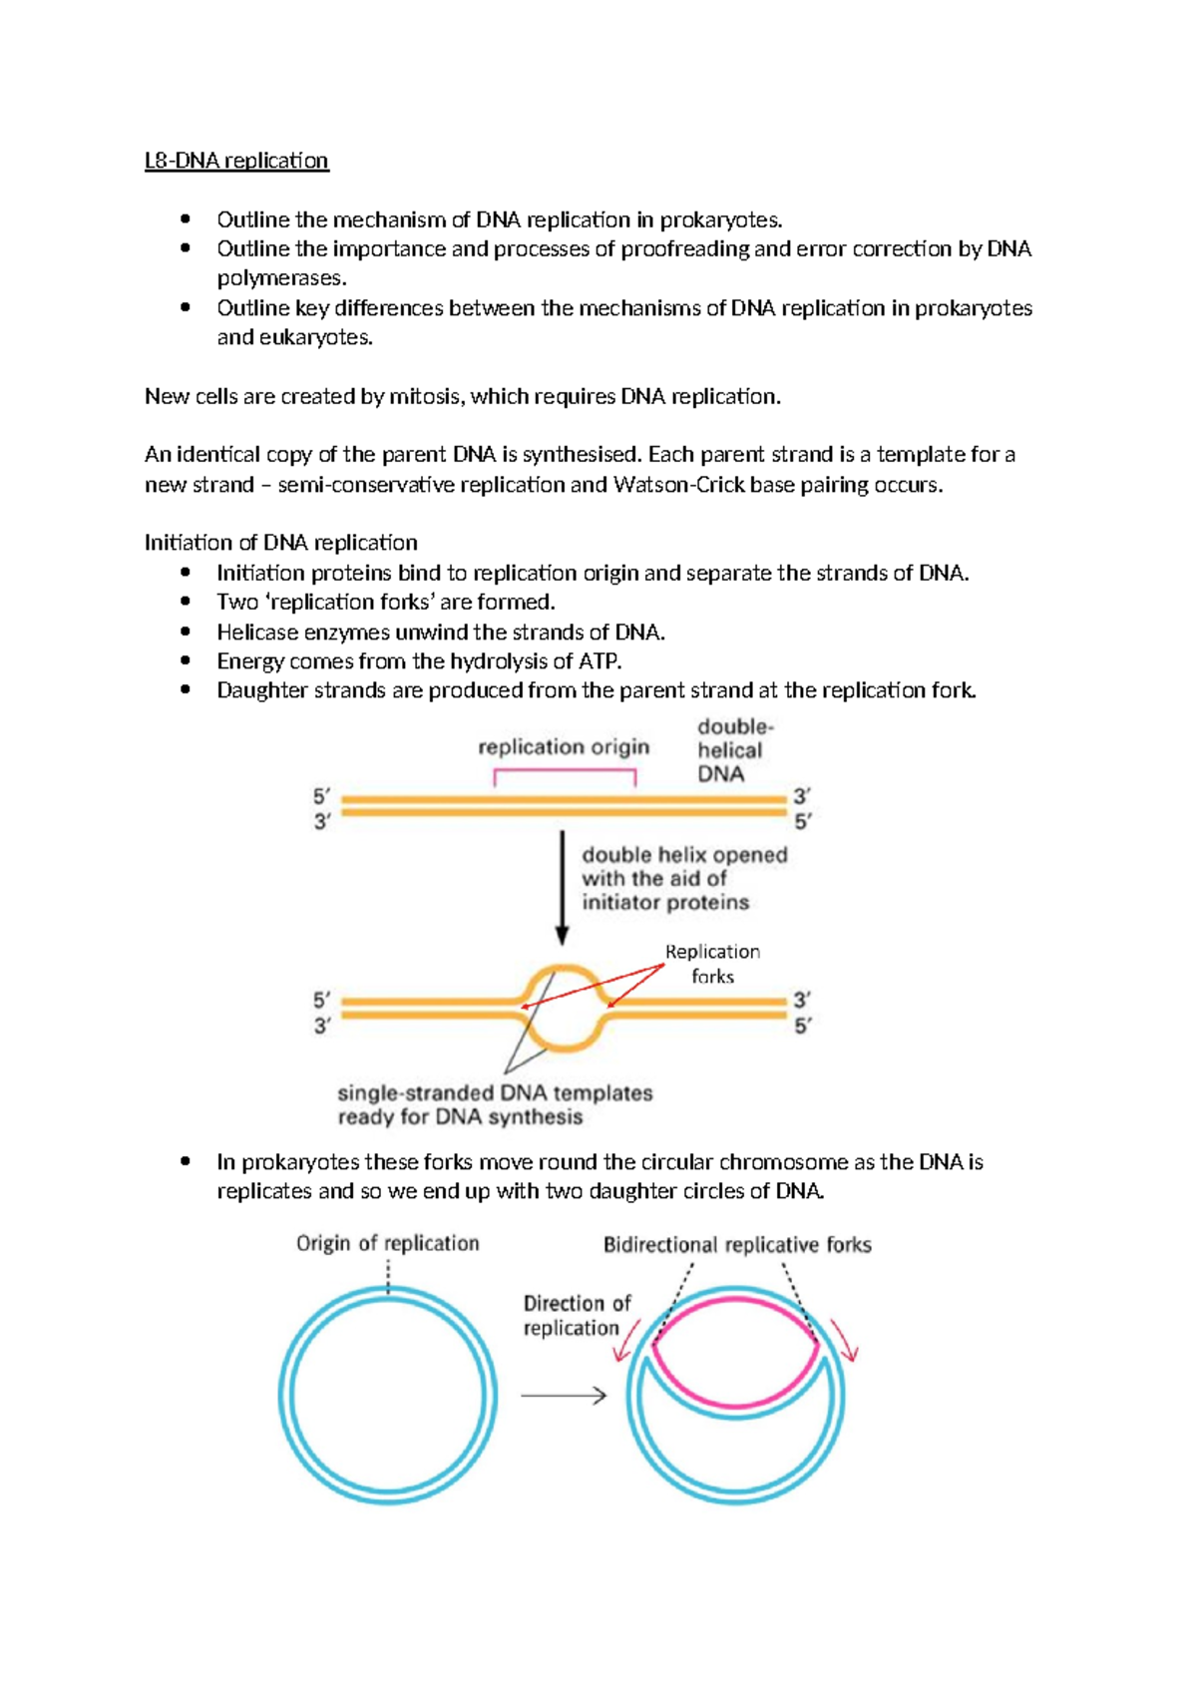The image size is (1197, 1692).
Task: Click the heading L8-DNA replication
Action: pyautogui.click(x=236, y=161)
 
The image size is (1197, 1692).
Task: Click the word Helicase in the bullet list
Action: pyautogui.click(x=252, y=632)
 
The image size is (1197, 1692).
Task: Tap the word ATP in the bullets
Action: pyautogui.click(x=601, y=660)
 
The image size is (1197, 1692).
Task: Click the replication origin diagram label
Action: pyautogui.click(x=564, y=747)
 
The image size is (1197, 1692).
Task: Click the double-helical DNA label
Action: pyautogui.click(x=735, y=750)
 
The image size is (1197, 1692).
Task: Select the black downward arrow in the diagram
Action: pyautogui.click(x=563, y=888)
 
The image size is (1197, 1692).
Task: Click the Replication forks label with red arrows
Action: pyautogui.click(x=712, y=964)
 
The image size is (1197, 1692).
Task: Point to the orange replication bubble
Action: pyautogui.click(x=564, y=1008)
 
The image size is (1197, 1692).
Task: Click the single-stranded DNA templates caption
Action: pyautogui.click(x=495, y=1104)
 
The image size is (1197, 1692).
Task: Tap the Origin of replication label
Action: pyautogui.click(x=387, y=1243)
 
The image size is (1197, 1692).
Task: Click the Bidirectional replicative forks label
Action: pyautogui.click(x=737, y=1244)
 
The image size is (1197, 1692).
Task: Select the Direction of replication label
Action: pyautogui.click(x=577, y=1315)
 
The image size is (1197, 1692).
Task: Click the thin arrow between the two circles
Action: pyautogui.click(x=564, y=1396)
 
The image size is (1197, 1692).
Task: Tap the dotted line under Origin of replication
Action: pyautogui.click(x=388, y=1275)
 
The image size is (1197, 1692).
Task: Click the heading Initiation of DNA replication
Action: pyautogui.click(x=280, y=543)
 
